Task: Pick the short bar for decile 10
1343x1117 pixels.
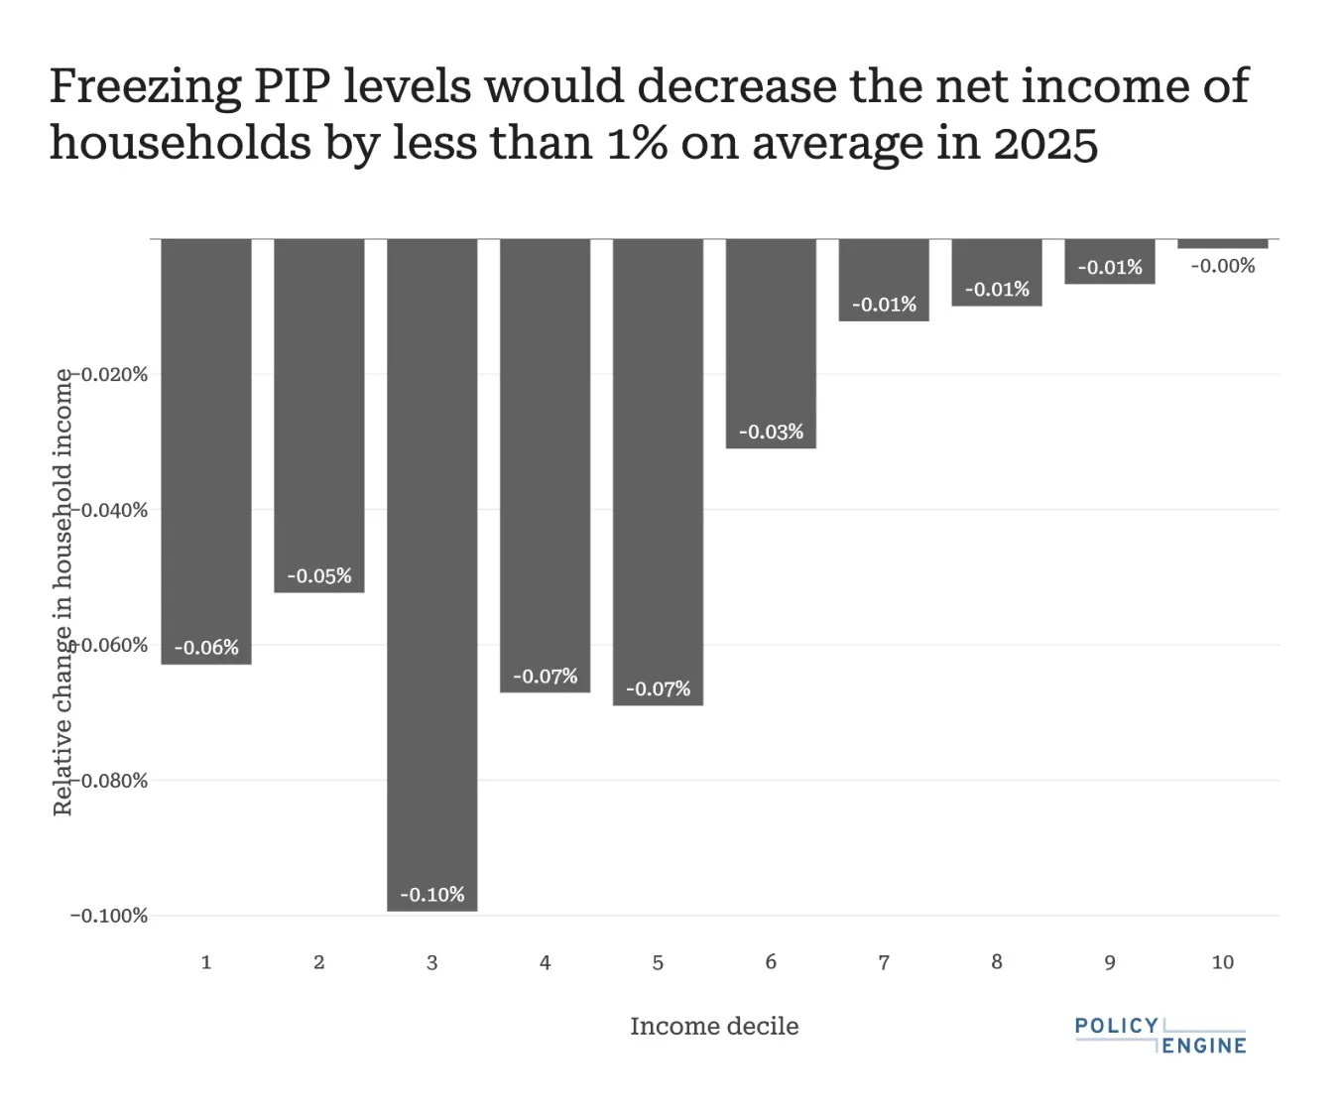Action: [1222, 244]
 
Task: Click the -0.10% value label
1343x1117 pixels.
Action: [431, 894]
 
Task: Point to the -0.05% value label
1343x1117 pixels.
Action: [319, 575]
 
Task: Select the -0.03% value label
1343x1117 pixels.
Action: [771, 432]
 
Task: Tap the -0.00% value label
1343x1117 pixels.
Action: [1222, 266]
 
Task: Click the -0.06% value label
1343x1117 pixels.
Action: [206, 647]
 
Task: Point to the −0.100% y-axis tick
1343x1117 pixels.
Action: [109, 916]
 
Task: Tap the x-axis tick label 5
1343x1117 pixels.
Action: [658, 962]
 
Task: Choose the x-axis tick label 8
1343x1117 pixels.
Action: [997, 962]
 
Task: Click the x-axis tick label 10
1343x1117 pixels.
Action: [1222, 962]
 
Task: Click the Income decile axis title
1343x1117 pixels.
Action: [714, 1026]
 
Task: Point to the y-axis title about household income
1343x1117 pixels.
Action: [62, 592]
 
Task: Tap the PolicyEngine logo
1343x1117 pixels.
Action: [1160, 1035]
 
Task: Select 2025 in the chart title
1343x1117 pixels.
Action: [1045, 144]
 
